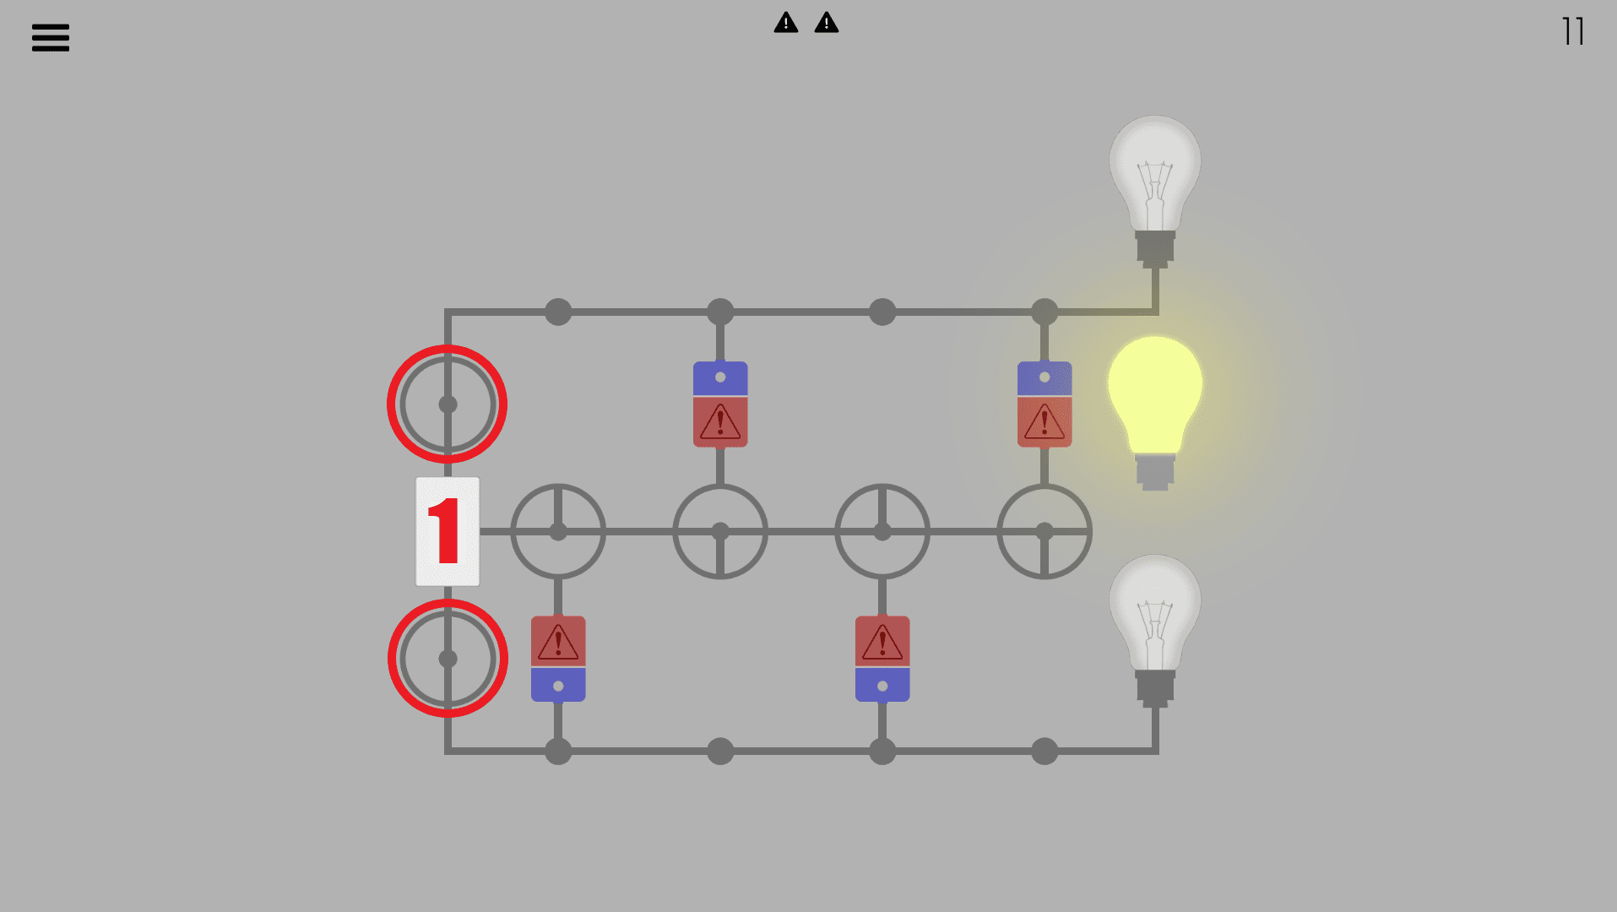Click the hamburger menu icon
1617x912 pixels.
click(x=51, y=37)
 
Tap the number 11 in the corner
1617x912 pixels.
click(x=1572, y=32)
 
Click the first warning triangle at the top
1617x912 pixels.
click(x=785, y=23)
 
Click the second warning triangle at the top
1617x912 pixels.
click(x=826, y=23)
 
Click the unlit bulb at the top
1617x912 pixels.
click(x=1154, y=173)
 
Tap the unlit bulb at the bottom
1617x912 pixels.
click(x=1154, y=612)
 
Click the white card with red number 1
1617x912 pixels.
click(x=448, y=531)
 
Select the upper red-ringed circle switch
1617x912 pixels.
click(x=448, y=404)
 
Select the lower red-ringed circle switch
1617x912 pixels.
click(x=448, y=659)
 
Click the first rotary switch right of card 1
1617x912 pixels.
click(x=558, y=531)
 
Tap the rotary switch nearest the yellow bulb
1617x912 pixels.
click(x=1045, y=531)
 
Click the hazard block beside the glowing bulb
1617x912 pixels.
click(x=1045, y=404)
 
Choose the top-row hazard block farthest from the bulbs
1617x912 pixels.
click(x=720, y=404)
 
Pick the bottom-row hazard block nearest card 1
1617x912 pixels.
click(x=558, y=659)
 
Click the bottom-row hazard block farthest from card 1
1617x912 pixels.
click(x=882, y=659)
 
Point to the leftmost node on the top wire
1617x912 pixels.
click(x=558, y=312)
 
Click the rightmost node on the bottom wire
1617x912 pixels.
click(x=1045, y=751)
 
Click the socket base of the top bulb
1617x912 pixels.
click(x=1154, y=248)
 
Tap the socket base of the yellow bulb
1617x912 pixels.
click(x=1154, y=472)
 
